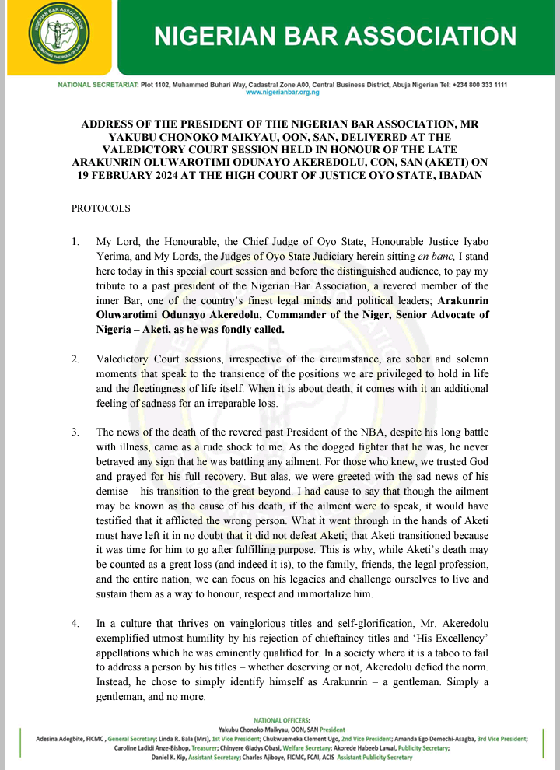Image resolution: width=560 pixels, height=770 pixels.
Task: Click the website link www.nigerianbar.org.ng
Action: pyautogui.click(x=282, y=92)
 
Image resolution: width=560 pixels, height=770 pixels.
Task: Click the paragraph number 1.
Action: pyautogui.click(x=75, y=243)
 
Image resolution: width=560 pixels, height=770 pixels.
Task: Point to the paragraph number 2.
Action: pyautogui.click(x=75, y=361)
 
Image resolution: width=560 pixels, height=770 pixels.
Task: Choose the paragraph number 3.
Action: pyautogui.click(x=75, y=432)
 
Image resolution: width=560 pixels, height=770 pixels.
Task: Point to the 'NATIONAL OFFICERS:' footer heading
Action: pyautogui.click(x=282, y=719)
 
